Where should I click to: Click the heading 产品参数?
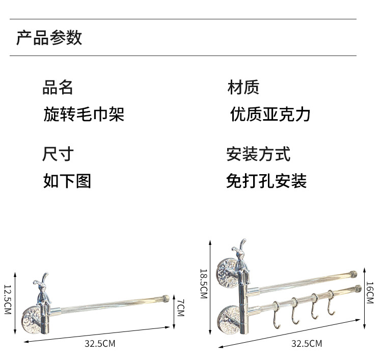[x=49, y=38]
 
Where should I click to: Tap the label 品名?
[x=58, y=88]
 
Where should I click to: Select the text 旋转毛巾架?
[x=84, y=114]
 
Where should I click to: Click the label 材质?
[x=243, y=88]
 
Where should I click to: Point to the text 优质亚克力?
[x=270, y=114]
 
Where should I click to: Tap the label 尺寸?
[x=58, y=154]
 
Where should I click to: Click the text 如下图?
[x=67, y=181]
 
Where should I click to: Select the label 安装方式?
[x=258, y=154]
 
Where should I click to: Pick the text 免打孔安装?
[x=266, y=181]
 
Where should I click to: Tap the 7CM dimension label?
[x=180, y=307]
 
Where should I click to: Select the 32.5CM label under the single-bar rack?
[x=100, y=344]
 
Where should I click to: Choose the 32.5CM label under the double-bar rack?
[x=307, y=344]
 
